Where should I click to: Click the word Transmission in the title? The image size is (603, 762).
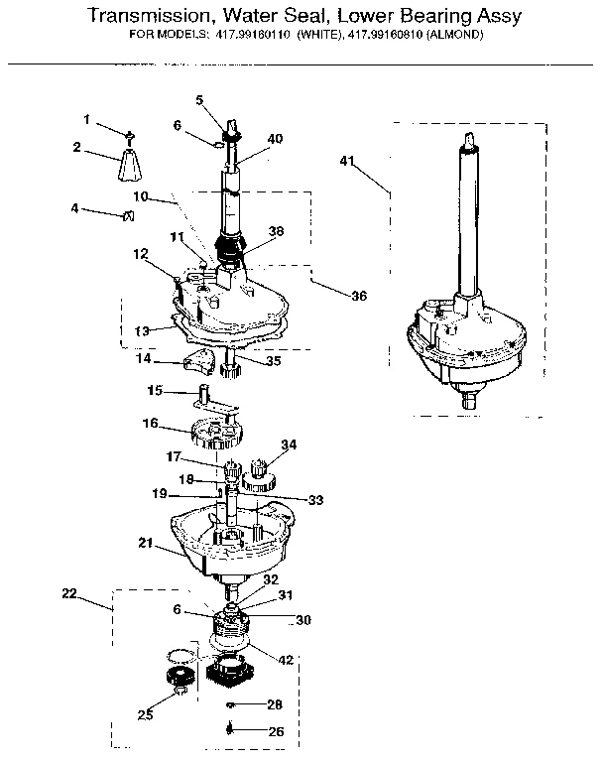tap(146, 17)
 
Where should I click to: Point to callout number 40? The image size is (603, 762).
tap(275, 139)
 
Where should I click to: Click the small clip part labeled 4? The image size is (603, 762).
tap(127, 216)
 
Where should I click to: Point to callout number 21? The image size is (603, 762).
tap(145, 543)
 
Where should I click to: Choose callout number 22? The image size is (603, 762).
tap(68, 593)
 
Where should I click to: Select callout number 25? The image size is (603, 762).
tap(147, 714)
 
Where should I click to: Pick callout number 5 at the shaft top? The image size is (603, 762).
tap(199, 100)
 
